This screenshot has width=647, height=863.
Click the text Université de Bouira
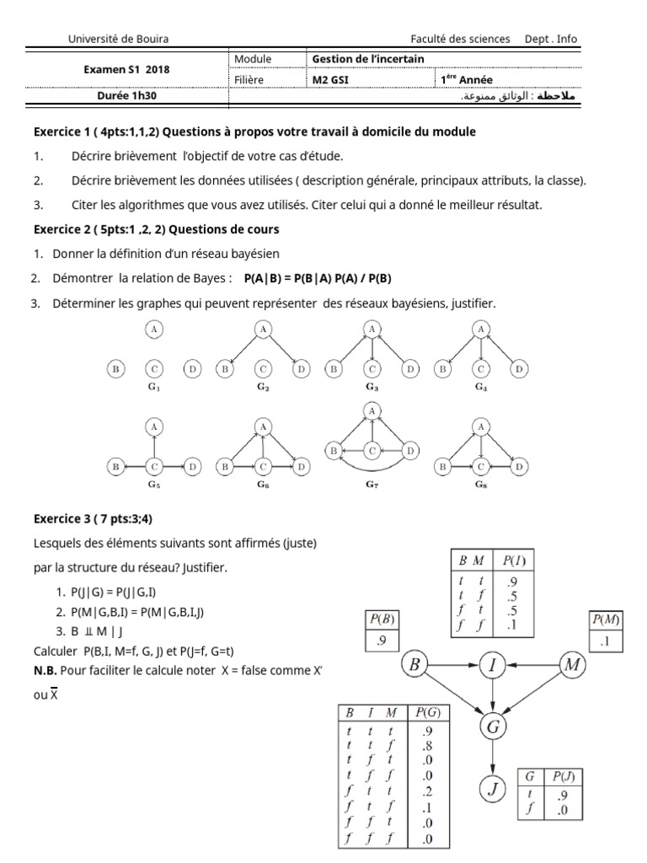pos(118,39)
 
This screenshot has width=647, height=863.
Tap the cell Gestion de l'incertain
pos(368,59)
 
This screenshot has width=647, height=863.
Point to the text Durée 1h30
pos(126,96)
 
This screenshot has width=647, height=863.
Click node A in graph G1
pos(154,330)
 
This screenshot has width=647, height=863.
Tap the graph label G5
pos(154,486)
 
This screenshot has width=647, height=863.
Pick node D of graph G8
pos(520,466)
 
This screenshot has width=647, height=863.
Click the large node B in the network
pos(414,665)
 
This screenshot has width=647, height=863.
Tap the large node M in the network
pos(573,665)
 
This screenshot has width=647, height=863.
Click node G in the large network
pos(494,725)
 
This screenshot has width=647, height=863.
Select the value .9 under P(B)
pos(382,641)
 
